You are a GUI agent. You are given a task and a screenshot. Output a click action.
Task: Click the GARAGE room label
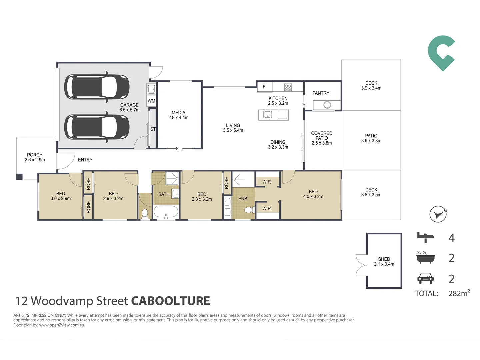129,105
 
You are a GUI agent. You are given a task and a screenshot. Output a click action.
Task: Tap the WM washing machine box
151,101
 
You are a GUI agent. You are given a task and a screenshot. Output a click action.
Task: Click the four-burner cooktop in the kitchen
288,87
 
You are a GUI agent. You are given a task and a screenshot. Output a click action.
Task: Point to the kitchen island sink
267,114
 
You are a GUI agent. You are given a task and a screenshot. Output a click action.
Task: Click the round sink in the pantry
327,105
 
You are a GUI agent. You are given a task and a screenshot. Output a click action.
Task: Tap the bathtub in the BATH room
166,212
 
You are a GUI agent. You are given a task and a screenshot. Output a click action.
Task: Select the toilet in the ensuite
249,210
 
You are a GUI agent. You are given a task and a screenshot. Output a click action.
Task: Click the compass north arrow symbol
438,214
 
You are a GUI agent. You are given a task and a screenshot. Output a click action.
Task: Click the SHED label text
384,259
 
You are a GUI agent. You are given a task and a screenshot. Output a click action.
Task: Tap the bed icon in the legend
425,237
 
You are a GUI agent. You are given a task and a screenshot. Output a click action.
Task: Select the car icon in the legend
425,278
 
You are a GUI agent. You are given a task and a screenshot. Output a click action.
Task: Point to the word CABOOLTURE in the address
171,301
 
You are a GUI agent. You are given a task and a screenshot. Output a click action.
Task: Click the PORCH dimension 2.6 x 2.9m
35,160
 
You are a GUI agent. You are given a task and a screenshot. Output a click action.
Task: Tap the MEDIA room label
178,113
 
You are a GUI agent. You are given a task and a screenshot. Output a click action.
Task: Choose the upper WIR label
267,182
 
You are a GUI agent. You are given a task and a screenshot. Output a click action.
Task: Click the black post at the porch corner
19,177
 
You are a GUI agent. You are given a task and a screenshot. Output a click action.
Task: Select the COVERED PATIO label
322,136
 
